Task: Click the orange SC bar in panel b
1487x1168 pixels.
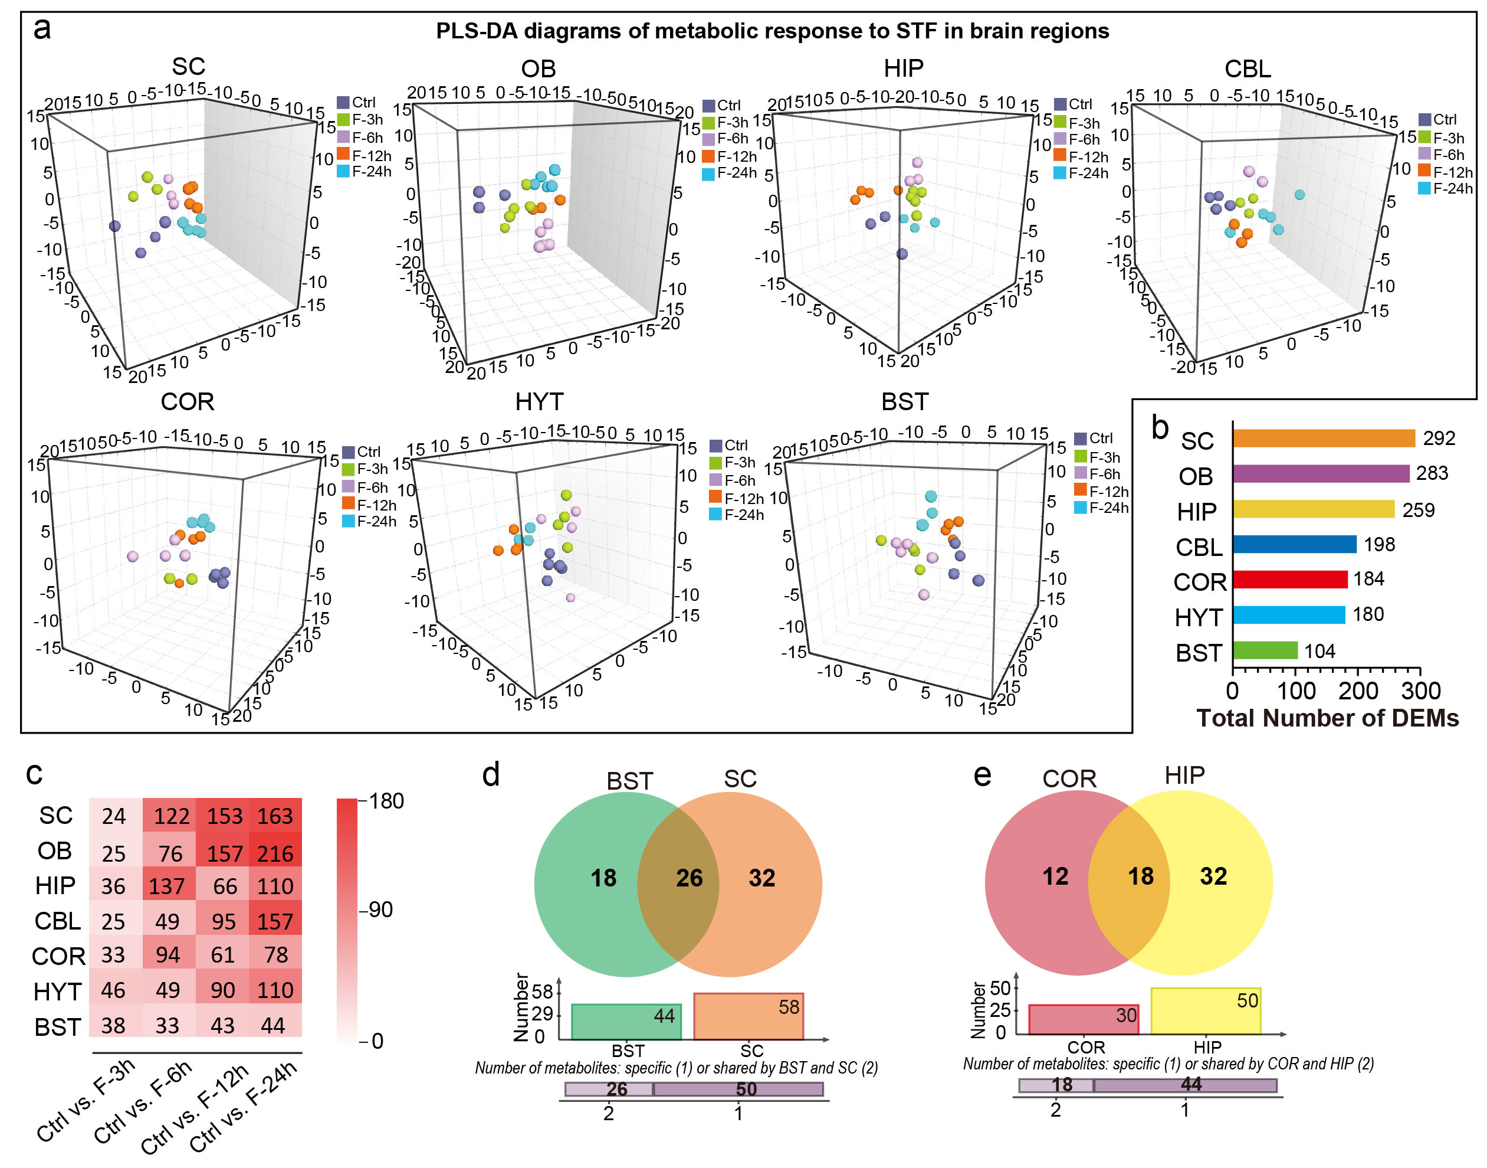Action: pos(1323,439)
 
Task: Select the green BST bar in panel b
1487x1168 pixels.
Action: pos(1265,650)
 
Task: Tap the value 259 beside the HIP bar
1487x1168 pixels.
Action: pos(1418,510)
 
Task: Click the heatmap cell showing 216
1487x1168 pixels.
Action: pos(275,853)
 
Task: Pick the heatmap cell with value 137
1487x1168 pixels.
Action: pos(168,886)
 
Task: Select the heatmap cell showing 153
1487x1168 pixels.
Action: pos(224,816)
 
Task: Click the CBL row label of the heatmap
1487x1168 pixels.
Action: pos(57,921)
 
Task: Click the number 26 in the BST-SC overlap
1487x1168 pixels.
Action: pos(689,878)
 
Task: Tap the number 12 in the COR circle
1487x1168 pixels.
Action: pos(1055,876)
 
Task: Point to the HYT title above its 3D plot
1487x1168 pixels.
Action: pos(539,401)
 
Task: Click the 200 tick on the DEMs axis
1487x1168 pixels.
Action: pos(1357,691)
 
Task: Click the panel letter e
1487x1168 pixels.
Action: pos(982,776)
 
